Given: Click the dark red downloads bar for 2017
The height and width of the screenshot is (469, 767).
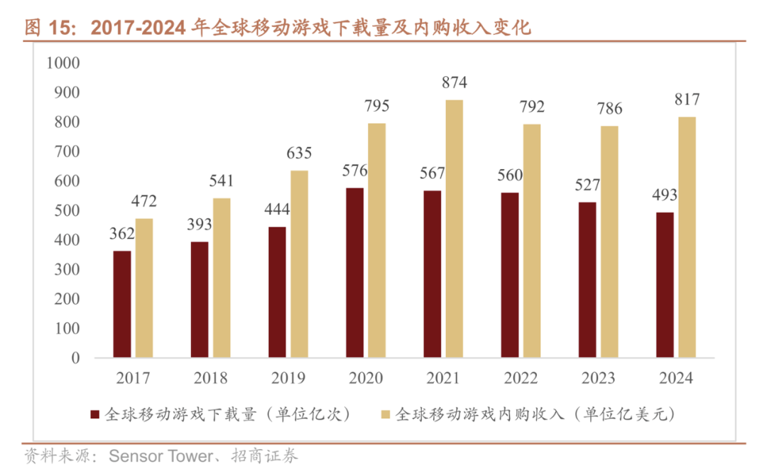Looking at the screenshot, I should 122,304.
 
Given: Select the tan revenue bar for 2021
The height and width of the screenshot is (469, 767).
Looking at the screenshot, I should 455,229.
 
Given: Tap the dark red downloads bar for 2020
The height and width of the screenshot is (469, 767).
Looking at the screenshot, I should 355,273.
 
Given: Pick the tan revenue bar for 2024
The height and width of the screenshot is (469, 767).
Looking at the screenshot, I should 687,237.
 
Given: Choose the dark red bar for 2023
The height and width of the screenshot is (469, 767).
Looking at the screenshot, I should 587,280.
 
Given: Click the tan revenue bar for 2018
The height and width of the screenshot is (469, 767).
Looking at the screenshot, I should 222,278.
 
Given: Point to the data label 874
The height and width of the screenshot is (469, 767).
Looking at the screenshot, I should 455,82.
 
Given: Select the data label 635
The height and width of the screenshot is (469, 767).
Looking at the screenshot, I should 299,153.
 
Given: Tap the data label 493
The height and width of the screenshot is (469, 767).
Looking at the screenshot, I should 665,195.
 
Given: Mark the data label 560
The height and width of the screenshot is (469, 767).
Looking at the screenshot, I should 510,176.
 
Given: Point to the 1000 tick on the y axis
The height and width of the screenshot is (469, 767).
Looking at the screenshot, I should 63,63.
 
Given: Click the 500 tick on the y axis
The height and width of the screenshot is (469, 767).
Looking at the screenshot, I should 66,210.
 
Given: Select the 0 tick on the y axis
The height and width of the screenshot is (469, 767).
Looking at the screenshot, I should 75,358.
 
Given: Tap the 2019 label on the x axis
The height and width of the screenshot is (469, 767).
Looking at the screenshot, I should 288,378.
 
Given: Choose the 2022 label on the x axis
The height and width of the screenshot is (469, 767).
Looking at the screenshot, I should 521,378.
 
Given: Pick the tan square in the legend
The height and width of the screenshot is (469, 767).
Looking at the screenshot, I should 385,414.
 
